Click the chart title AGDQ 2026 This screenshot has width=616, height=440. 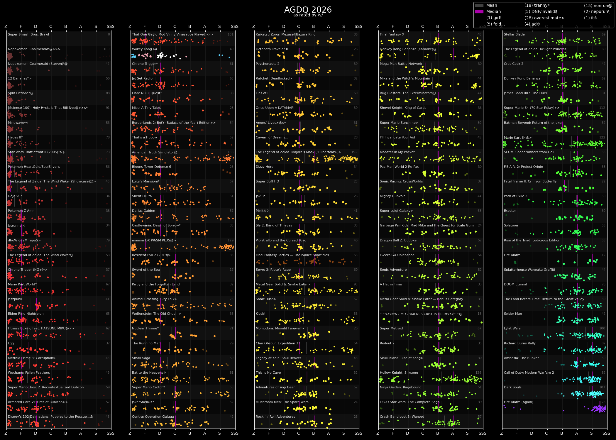coord(308,10)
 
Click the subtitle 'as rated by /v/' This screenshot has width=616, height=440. coord(308,15)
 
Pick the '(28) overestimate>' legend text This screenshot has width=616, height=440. coord(544,18)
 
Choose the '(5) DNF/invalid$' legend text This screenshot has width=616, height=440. coord(541,11)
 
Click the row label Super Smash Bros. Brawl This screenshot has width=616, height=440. coord(28,34)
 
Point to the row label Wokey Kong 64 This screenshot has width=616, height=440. coord(144,49)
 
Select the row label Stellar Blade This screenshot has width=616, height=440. coord(514,34)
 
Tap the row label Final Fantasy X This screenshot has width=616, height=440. coord(392,34)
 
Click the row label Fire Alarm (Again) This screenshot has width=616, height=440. coord(518,402)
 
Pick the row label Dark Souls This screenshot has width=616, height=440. coord(512,387)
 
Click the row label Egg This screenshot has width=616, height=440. coord(11,343)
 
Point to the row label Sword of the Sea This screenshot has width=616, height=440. coord(146,270)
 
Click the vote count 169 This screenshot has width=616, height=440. coord(106,49)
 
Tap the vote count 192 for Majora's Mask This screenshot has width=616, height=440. coord(354,152)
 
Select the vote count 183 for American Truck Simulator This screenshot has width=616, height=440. coord(231,152)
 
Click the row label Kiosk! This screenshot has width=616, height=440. coord(260,314)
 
